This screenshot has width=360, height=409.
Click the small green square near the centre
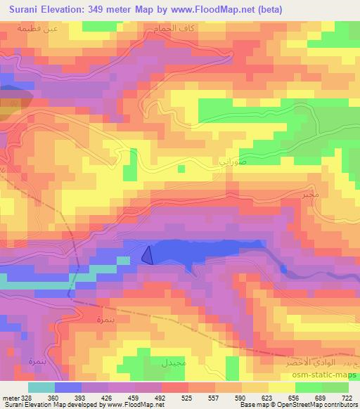tap(181, 169)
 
